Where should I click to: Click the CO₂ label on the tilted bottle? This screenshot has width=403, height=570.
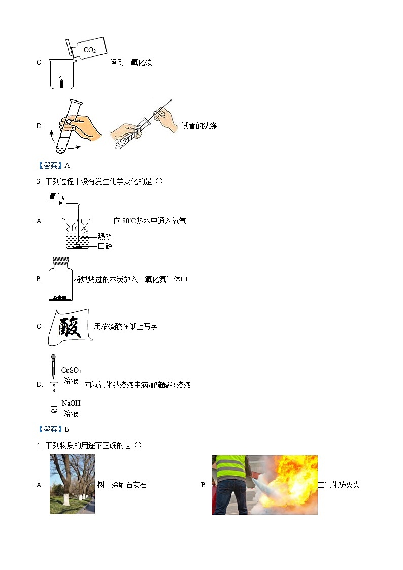point(89,50)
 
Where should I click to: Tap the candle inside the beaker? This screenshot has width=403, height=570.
point(61,83)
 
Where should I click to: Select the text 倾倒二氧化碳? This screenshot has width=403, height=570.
point(131,63)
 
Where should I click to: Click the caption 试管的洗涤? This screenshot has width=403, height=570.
point(199,126)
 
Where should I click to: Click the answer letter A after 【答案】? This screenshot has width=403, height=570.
point(67,165)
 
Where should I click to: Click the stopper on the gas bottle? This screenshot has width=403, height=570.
point(61,261)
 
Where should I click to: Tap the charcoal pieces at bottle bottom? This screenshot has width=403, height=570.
point(60,298)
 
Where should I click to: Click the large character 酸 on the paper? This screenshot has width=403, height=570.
point(70,326)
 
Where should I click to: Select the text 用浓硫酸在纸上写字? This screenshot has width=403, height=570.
point(125,326)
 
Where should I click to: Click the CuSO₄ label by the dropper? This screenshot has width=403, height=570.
point(71,370)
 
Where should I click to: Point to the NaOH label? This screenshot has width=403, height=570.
point(71,403)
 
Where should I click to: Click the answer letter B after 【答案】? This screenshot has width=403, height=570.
point(67,429)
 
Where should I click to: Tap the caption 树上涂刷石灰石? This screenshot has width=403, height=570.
point(122,485)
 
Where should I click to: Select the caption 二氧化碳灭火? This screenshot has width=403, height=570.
point(339,485)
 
